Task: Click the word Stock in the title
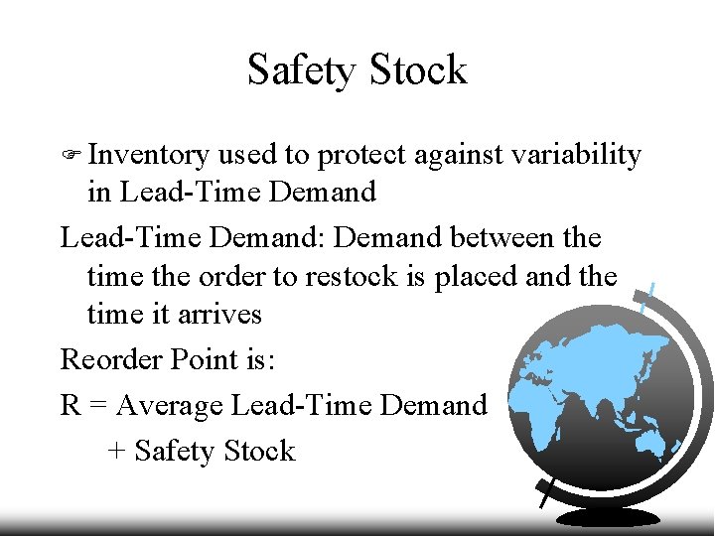pyautogui.click(x=417, y=70)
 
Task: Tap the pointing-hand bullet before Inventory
pyautogui.click(x=71, y=155)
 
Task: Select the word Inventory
pyautogui.click(x=148, y=156)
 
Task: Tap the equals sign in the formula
pyautogui.click(x=99, y=405)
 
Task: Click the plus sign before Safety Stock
pyautogui.click(x=116, y=452)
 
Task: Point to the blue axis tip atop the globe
pyautogui.click(x=648, y=294)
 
